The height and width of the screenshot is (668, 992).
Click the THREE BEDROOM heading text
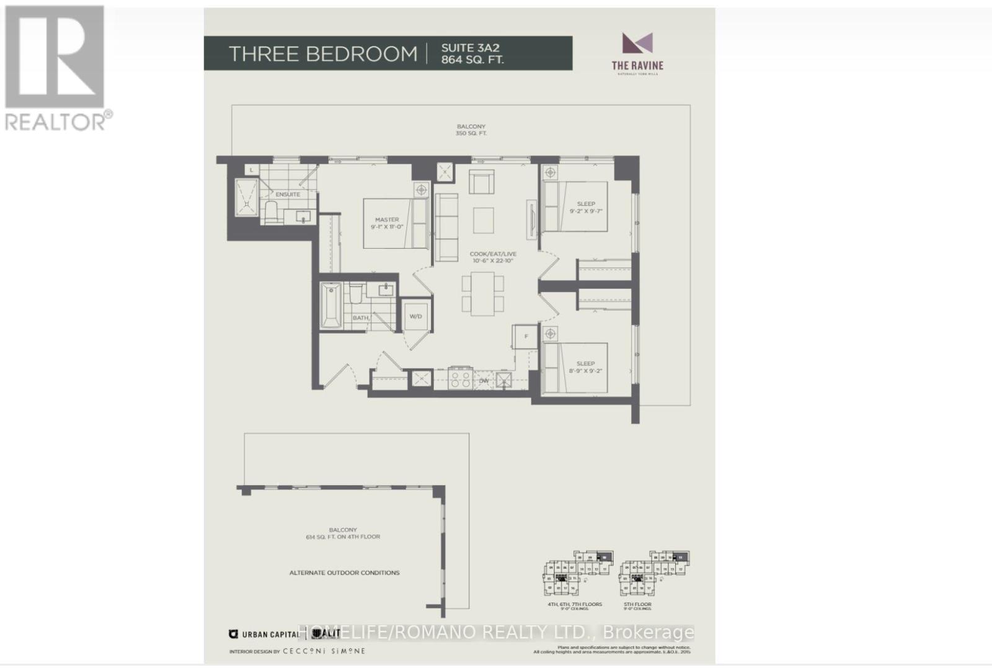coord(323,54)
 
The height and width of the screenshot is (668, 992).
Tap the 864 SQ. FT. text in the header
coord(472,60)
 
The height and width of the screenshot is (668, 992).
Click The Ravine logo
coord(637,52)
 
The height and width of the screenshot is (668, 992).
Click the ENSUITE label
coord(288,194)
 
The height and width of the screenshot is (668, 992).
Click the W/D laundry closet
coord(415,316)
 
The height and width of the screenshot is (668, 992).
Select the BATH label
coord(360,318)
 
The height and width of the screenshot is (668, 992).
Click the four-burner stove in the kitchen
coord(461,379)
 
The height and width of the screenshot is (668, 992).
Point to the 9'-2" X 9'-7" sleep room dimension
coord(586,212)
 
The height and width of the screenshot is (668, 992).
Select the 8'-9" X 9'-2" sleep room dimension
coord(586,372)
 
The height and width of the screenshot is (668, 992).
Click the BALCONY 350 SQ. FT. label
coord(471,130)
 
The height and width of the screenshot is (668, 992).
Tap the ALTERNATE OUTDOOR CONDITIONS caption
coord(344,572)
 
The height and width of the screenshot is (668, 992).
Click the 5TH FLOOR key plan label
coord(637,604)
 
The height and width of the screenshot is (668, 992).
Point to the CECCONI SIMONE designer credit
coord(324,651)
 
